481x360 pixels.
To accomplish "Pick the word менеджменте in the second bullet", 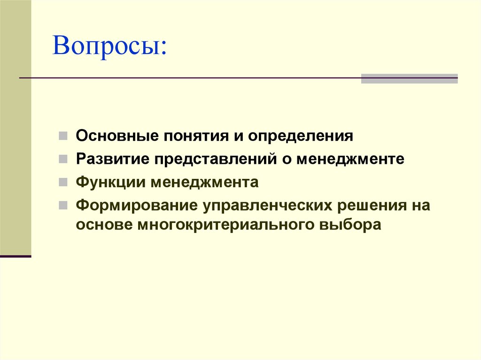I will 350,159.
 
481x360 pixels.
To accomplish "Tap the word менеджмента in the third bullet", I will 204,182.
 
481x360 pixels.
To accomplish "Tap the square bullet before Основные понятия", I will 63,137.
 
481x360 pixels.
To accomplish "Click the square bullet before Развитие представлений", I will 63,159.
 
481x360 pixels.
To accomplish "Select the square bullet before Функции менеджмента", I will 63,182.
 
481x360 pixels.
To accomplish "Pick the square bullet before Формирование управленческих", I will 63,205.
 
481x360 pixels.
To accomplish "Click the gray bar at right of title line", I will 409,78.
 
